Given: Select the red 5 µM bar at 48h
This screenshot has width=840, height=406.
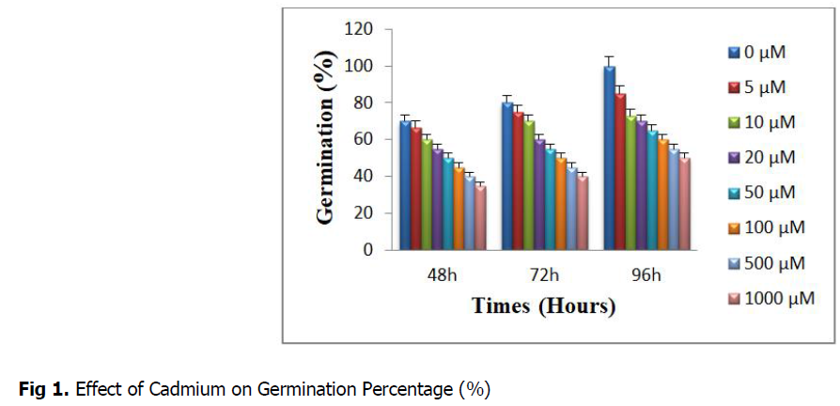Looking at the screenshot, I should click(x=416, y=189).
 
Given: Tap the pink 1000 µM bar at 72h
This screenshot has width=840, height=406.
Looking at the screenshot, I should click(x=583, y=213).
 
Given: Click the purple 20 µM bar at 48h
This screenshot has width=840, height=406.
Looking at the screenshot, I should click(x=438, y=199).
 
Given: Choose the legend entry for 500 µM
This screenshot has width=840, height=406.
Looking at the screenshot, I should click(x=769, y=264).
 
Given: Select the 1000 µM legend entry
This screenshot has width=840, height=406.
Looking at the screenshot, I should click(x=772, y=300).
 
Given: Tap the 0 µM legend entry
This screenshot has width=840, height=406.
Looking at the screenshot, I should click(x=759, y=53).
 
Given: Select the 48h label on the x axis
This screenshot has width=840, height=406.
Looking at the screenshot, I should click(x=442, y=275).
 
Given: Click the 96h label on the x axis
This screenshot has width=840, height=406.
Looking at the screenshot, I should click(x=646, y=275).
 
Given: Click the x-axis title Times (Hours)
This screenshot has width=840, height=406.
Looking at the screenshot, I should click(x=543, y=306).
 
